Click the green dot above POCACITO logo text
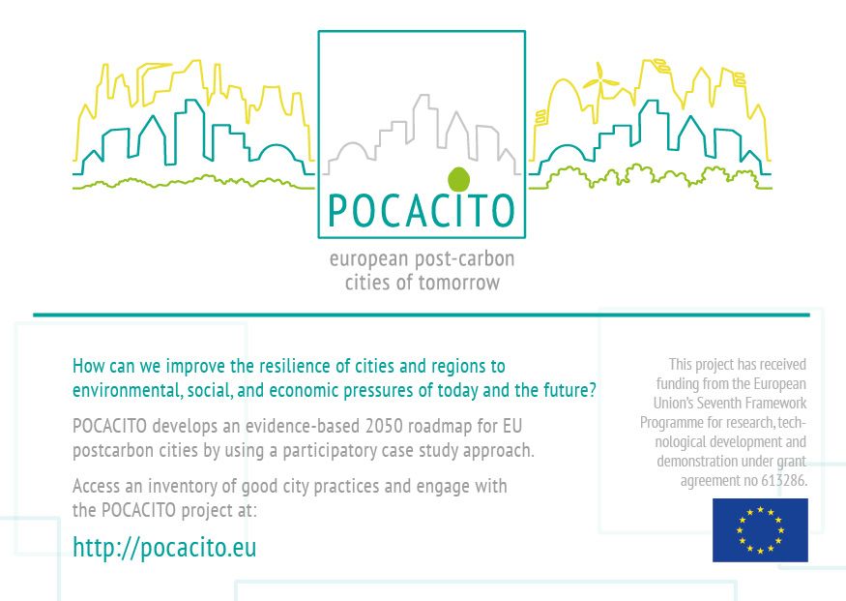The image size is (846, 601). click(458, 179)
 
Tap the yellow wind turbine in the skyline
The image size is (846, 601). click(599, 83)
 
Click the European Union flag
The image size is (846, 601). click(760, 529)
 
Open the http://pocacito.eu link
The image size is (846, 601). click(164, 547)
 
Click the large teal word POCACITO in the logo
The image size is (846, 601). click(422, 210)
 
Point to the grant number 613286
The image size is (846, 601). click(784, 480)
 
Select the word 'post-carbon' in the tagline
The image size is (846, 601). click(464, 258)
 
